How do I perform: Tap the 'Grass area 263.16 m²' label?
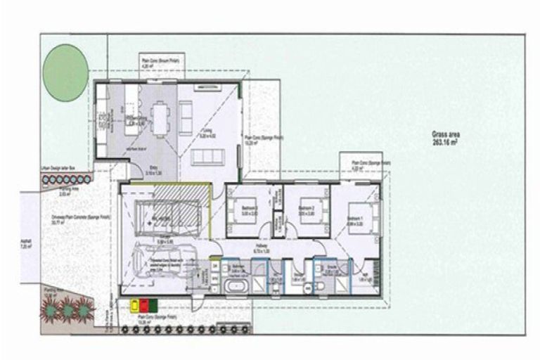coord(446,137)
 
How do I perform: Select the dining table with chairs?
coord(161,117)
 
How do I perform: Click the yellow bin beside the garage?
coord(135,305)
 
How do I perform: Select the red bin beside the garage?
coord(146,305)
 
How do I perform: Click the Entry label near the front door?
coord(153,171)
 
